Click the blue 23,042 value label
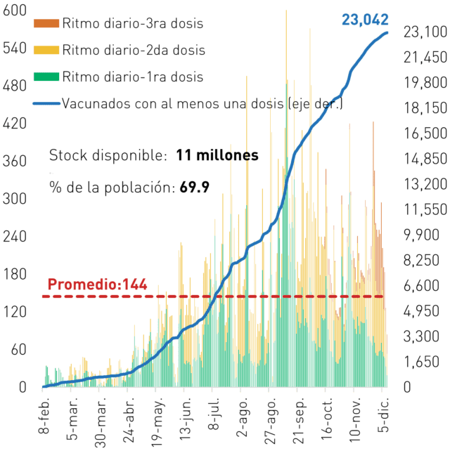pyautogui.click(x=365, y=20)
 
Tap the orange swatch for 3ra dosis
pyautogui.click(x=46, y=23)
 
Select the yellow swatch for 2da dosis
pyautogui.click(x=46, y=50)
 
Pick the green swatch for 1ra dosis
pyautogui.click(x=46, y=77)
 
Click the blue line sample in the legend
pyautogui.click(x=46, y=103)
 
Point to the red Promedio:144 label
pyautogui.click(x=97, y=285)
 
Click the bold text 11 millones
pyautogui.click(x=217, y=155)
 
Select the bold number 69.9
pyautogui.click(x=194, y=188)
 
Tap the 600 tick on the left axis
pyautogui.click(x=15, y=10)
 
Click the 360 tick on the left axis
pyautogui.click(x=15, y=161)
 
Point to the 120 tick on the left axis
pyautogui.click(x=15, y=312)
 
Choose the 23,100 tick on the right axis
pyautogui.click(x=425, y=32)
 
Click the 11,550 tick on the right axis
pyautogui.click(x=425, y=209)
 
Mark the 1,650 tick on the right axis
pyautogui.click(x=421, y=362)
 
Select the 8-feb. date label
pyautogui.click(x=44, y=415)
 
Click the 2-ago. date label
pyautogui.click(x=242, y=417)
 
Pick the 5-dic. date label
pyautogui.click(x=383, y=415)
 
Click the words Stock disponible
pyautogui.click(x=108, y=156)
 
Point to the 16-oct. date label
pyautogui.click(x=327, y=419)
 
